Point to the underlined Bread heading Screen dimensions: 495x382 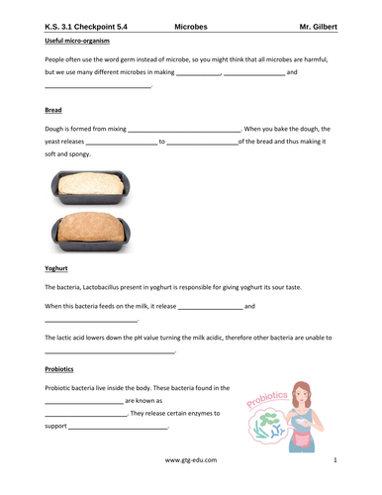pos(54,110)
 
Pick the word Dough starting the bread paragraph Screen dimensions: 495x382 pos(56,129)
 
